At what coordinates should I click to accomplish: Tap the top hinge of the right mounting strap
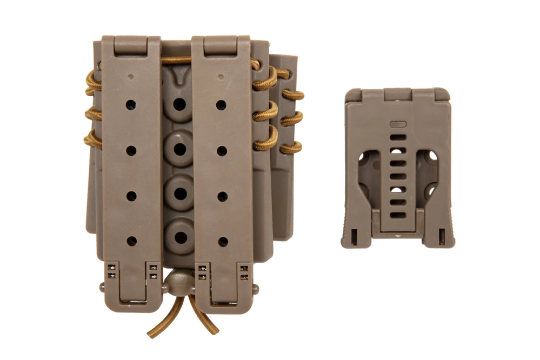tap(221, 44)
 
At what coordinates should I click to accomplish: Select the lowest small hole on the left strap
tap(131, 241)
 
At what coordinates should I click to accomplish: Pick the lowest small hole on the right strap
tap(221, 241)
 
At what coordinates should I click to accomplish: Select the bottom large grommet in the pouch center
tap(180, 237)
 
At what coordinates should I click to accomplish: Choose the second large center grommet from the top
tap(179, 148)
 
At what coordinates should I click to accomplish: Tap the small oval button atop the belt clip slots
tap(397, 124)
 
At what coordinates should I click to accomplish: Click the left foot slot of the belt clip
tap(354, 236)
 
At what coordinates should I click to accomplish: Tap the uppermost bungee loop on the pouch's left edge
tap(92, 84)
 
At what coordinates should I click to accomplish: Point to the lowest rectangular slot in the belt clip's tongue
tap(397, 215)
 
